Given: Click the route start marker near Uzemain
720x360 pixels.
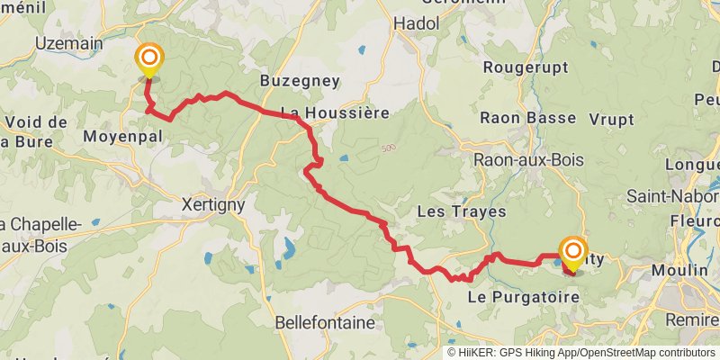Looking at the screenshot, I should [149, 61].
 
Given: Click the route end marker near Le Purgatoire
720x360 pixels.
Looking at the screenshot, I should [572, 251].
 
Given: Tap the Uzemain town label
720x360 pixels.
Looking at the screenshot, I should [68, 42].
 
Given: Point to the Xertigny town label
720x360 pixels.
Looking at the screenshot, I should [213, 204].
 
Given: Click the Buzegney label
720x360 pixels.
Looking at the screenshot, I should [300, 81].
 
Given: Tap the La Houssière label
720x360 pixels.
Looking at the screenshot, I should [335, 113].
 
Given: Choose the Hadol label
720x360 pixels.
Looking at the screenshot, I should [416, 24].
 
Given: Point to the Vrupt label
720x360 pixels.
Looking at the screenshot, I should [612, 119].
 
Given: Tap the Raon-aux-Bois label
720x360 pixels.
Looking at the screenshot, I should [529, 160].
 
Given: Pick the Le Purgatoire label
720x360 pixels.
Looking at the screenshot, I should [522, 295].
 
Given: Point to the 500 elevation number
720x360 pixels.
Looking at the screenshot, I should [388, 148].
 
